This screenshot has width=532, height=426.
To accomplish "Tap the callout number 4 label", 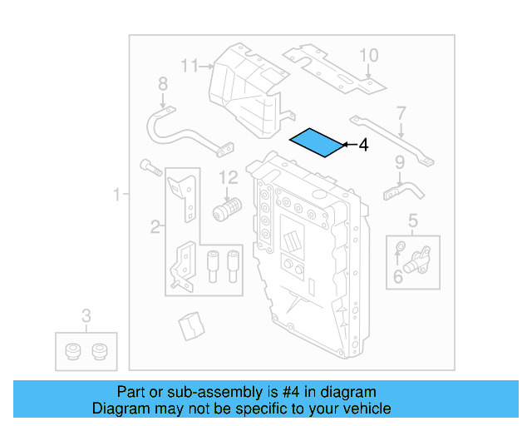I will [x=362, y=146].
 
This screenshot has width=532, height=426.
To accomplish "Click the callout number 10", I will [x=368, y=56].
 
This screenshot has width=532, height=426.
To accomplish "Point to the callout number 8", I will [x=163, y=83].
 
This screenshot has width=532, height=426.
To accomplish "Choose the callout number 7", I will [x=401, y=112].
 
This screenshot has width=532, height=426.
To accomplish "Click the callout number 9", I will [x=399, y=161].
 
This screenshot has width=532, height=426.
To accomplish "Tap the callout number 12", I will [x=229, y=176].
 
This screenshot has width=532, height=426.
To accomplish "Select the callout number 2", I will [x=155, y=225].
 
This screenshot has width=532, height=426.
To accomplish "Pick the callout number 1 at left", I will [x=117, y=196].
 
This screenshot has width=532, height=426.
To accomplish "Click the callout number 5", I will [x=413, y=220].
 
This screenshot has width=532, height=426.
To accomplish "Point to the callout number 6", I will [x=398, y=276].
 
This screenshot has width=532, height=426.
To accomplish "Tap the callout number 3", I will [x=86, y=315].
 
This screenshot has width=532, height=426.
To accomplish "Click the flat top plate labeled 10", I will [x=332, y=70].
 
